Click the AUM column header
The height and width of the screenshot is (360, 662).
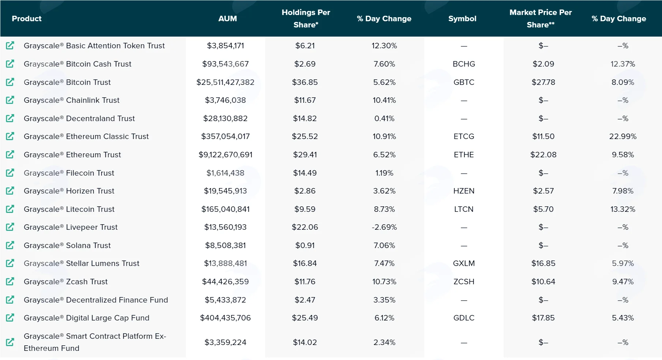point(227,19)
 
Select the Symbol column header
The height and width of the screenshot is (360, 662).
point(462,19)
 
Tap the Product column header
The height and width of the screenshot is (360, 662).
point(27,19)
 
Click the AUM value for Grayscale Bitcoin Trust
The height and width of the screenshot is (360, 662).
point(225,82)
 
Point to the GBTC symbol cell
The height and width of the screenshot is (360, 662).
point(464,82)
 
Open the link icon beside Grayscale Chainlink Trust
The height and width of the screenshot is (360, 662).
point(10,100)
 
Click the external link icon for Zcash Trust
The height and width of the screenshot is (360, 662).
point(10,281)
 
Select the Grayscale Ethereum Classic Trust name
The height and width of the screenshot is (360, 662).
point(86,136)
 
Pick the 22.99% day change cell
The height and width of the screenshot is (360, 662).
point(623,136)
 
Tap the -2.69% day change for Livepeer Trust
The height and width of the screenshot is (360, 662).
point(384,227)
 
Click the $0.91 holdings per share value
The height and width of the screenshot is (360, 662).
point(305,245)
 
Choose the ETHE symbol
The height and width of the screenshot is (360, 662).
point(464,155)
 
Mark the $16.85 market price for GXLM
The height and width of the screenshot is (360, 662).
point(543,263)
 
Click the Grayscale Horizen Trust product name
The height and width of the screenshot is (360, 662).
point(69,191)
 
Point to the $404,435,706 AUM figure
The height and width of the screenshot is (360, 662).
point(225,318)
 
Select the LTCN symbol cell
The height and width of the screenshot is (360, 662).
point(464,209)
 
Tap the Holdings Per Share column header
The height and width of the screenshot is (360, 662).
point(306,19)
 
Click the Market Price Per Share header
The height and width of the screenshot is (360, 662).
point(541,19)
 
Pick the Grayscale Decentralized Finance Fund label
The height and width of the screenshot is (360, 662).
point(96,300)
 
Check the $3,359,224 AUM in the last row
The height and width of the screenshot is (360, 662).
point(225,342)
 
